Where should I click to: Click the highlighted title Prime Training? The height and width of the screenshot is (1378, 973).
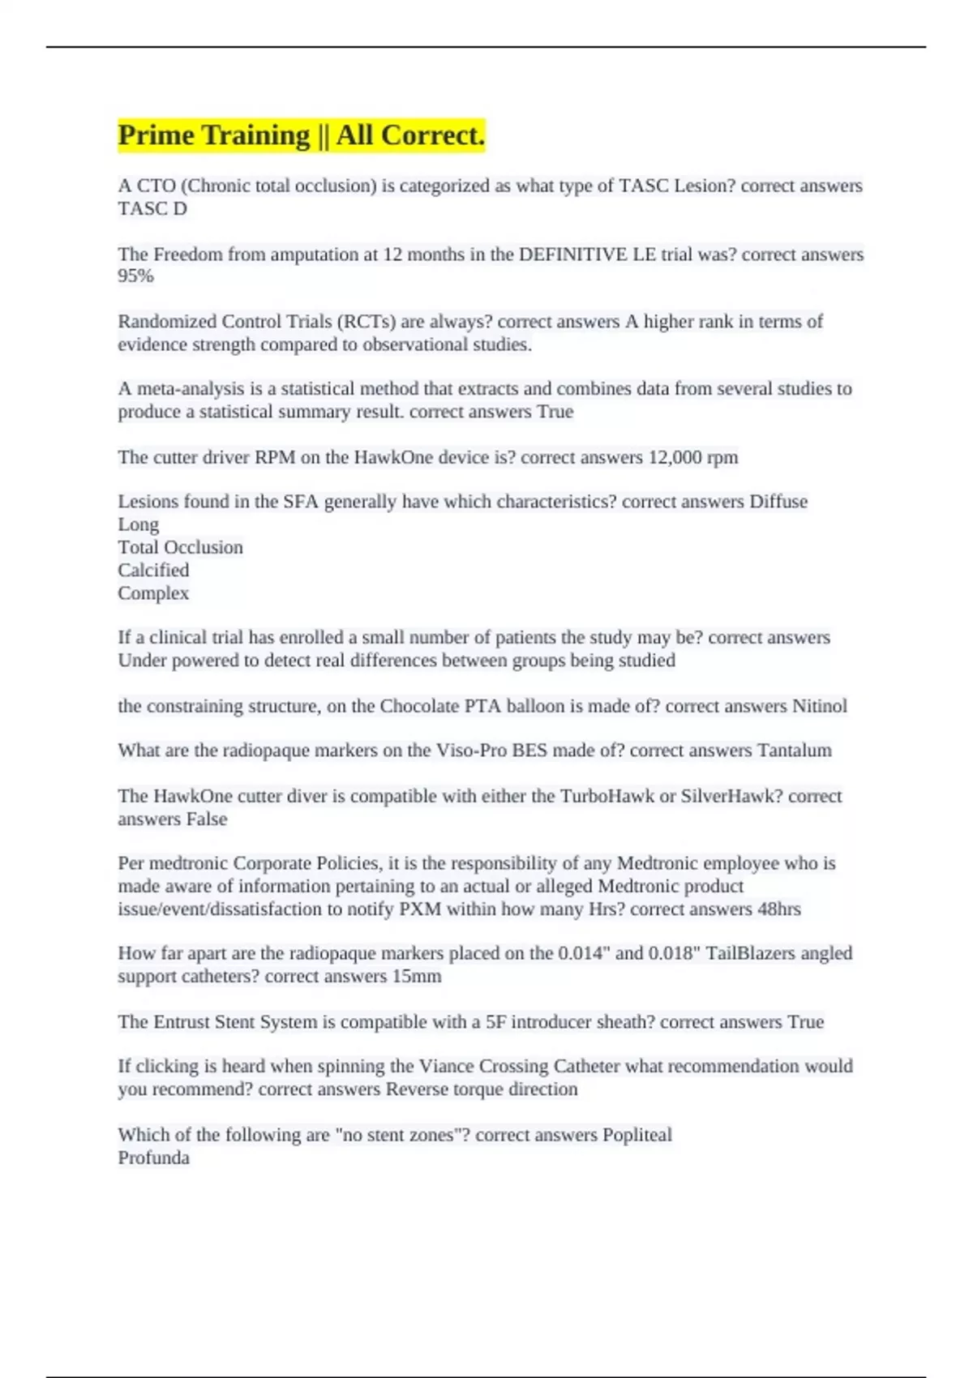(301, 135)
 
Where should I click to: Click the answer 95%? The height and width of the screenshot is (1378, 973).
(135, 276)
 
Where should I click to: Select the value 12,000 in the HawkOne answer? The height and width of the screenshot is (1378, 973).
(675, 457)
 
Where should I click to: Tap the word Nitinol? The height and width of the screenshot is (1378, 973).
(819, 706)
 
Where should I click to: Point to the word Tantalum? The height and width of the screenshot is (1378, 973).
(794, 751)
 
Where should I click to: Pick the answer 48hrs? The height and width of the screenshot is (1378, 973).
(778, 909)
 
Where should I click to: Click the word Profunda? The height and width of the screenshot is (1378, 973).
(153, 1158)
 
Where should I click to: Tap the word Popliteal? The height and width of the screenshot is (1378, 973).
(637, 1135)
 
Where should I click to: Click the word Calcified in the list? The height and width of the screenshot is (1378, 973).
(153, 571)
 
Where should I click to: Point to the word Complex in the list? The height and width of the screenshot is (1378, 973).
(153, 593)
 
